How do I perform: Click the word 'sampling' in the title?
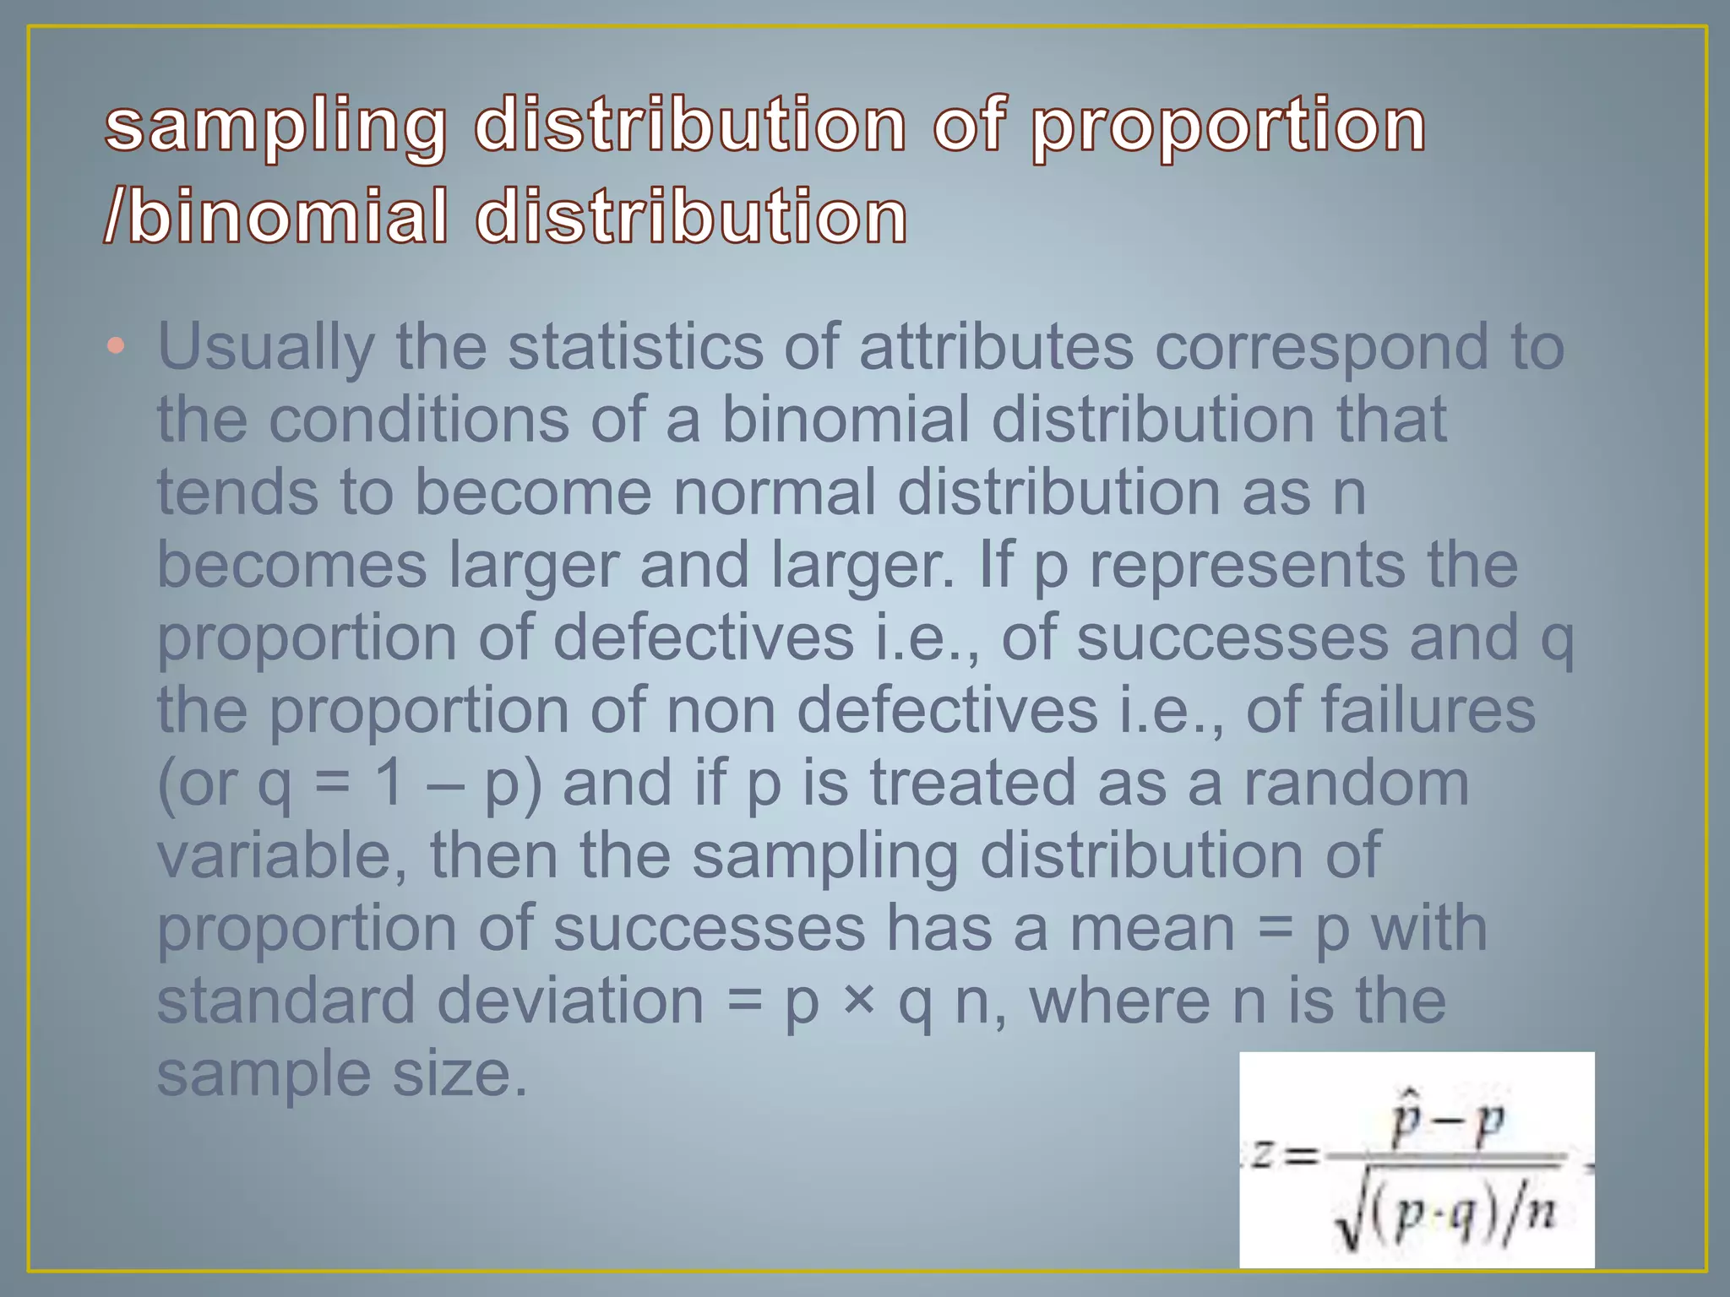coord(275,127)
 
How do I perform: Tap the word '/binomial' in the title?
coord(275,217)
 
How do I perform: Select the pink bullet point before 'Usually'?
coord(117,345)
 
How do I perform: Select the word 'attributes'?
coord(996,347)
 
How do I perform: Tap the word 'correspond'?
coord(1321,347)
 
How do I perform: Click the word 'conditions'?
coord(419,420)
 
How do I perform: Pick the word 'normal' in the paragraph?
coord(774,492)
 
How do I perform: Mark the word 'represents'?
coord(1247,565)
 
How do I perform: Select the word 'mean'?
coord(1152,928)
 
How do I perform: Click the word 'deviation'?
coord(570,1001)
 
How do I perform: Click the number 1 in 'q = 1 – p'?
coord(389,783)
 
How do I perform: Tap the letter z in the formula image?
coord(1262,1153)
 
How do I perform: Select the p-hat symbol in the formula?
coord(1406,1120)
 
